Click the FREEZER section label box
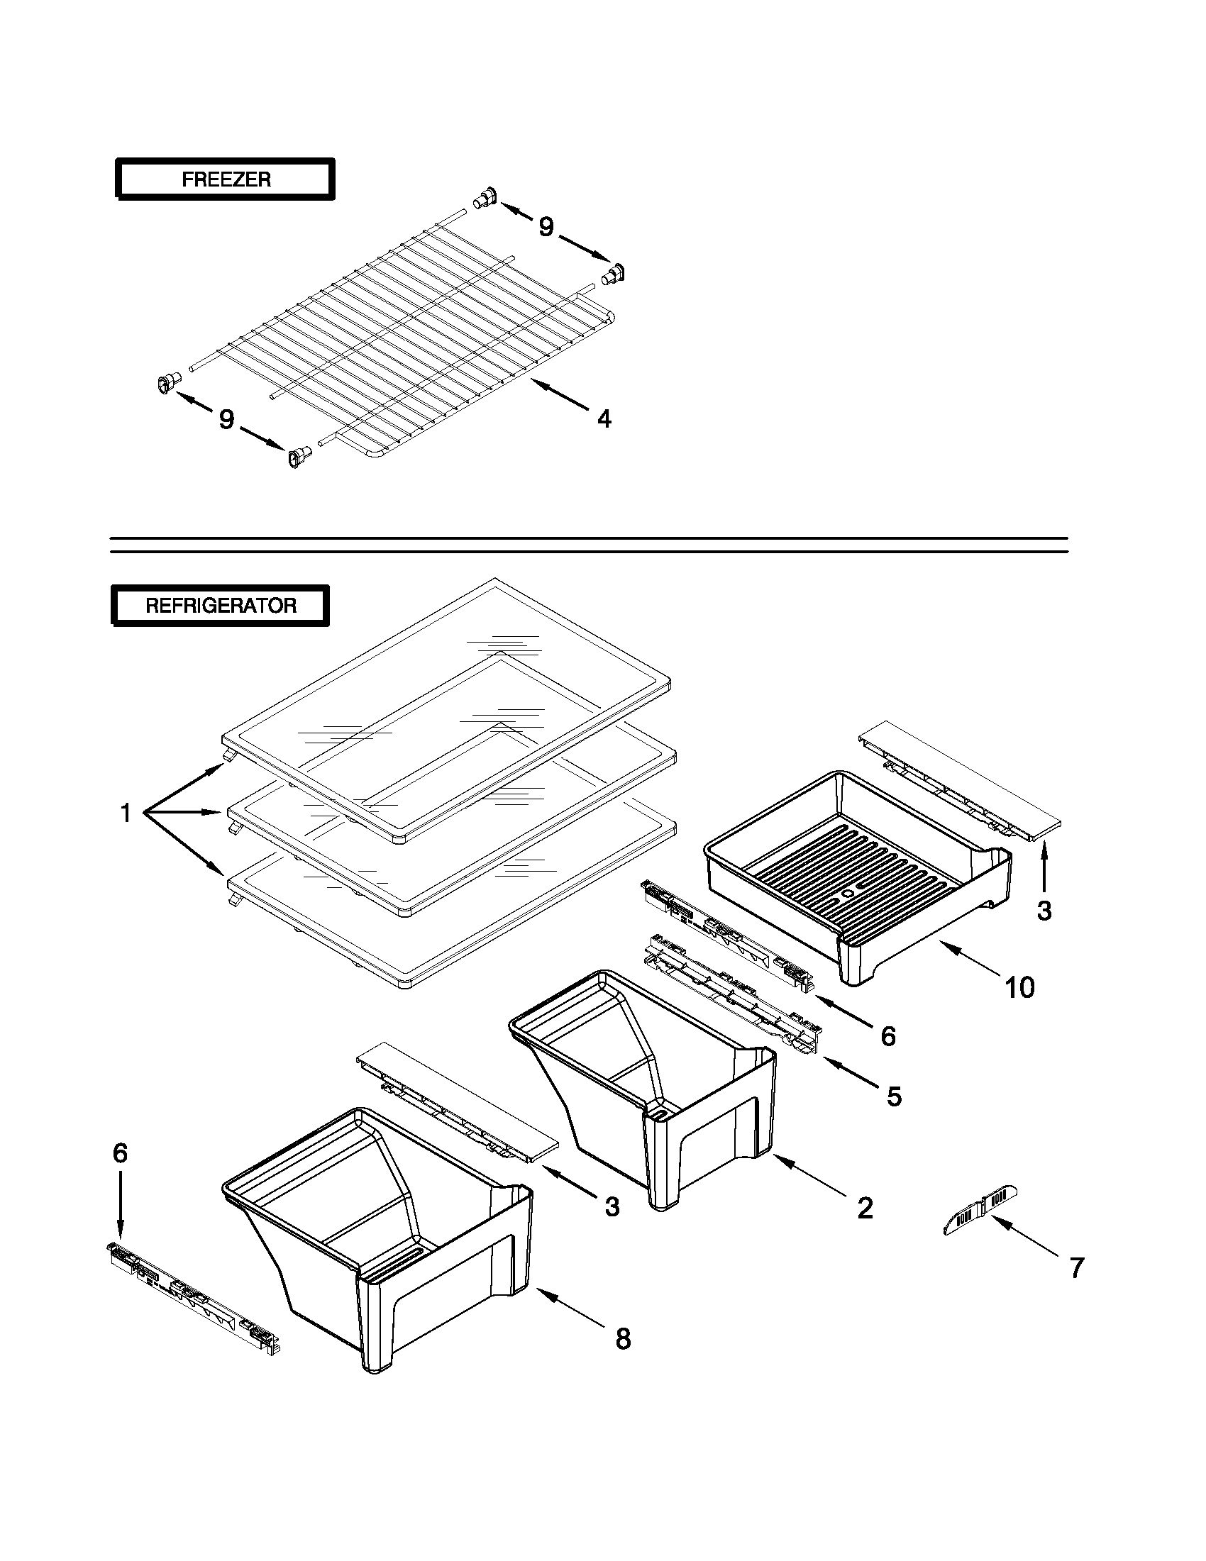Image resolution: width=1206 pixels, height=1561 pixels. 225,179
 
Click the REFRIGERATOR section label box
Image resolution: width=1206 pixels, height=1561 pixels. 220,606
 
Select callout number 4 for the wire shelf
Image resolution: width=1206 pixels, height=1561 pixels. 604,419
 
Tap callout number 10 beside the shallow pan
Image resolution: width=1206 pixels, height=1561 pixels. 1019,988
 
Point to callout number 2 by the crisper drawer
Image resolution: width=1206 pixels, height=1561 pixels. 865,1208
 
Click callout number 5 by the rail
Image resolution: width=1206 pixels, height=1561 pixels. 895,1096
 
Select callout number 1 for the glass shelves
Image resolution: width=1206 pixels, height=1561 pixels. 126,813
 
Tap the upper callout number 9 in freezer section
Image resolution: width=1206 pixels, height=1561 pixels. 546,226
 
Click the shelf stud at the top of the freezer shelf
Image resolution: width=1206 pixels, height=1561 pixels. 485,197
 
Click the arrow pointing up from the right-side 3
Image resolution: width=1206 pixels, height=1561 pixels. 1043,867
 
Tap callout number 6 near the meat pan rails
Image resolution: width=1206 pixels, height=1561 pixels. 888,1036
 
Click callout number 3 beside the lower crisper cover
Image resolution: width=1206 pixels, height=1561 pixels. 612,1206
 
